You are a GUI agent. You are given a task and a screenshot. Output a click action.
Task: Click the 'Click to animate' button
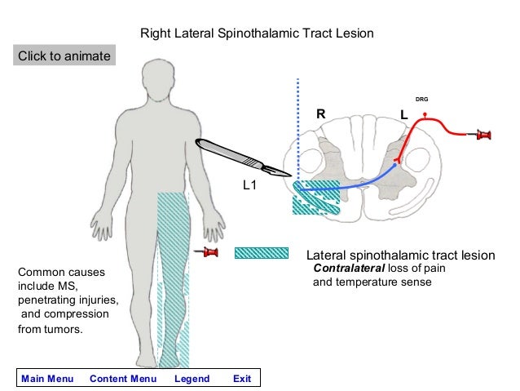64,56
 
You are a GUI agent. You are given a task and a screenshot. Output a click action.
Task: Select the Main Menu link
47,379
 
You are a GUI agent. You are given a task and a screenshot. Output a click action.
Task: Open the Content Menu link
123,379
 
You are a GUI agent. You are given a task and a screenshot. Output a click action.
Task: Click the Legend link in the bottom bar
192,379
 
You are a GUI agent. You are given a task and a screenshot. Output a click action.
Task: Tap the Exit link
242,379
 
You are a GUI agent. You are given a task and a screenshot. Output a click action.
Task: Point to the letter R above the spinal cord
321,116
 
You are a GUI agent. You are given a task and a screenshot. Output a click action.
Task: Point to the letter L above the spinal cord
403,116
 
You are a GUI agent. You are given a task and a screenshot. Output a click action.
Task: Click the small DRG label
421,99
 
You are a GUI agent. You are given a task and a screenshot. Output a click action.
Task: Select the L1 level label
250,186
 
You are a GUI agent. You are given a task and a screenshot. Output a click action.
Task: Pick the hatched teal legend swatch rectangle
261,253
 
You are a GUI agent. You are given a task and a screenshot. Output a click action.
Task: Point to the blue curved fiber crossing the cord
359,184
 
